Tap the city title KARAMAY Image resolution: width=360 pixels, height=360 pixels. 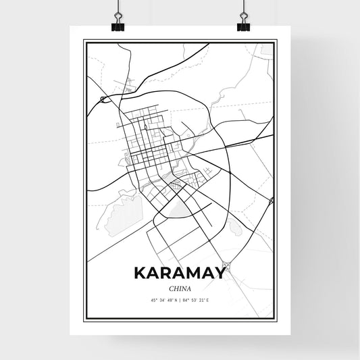(x=180, y=273)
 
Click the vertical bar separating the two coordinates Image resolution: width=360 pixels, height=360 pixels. (x=180, y=300)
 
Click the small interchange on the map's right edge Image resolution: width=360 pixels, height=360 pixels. (x=271, y=201)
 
